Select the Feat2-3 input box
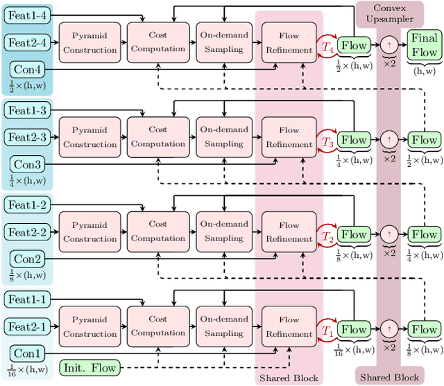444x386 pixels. tap(27, 137)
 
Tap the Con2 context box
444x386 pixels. tap(27, 259)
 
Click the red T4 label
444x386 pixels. tap(327, 46)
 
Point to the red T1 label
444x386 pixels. tap(327, 331)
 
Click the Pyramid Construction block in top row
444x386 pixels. tap(89, 42)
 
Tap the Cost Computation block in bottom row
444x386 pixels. tap(158, 326)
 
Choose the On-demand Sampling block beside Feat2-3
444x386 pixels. tap(223, 137)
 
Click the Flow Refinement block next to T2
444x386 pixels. tap(289, 231)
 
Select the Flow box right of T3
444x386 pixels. tap(354, 140)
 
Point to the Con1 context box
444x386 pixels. tap(27, 354)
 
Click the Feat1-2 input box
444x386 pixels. tap(27, 205)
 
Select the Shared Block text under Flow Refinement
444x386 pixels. tap(289, 378)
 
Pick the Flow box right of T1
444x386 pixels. tap(354, 330)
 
